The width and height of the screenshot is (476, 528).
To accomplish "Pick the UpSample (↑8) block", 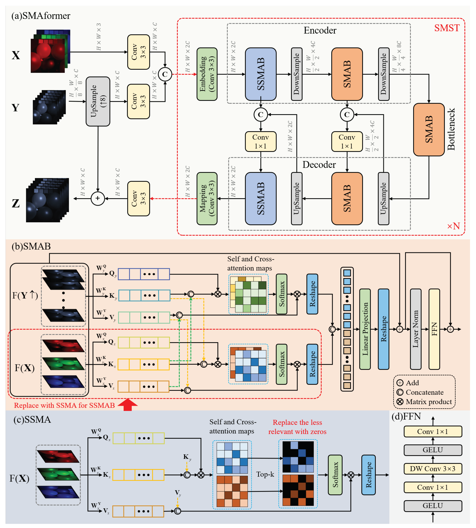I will point(98,101).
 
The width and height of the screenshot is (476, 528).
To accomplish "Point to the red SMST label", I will point(447,28).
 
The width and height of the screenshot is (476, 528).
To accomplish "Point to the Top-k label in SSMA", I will point(265,474).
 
